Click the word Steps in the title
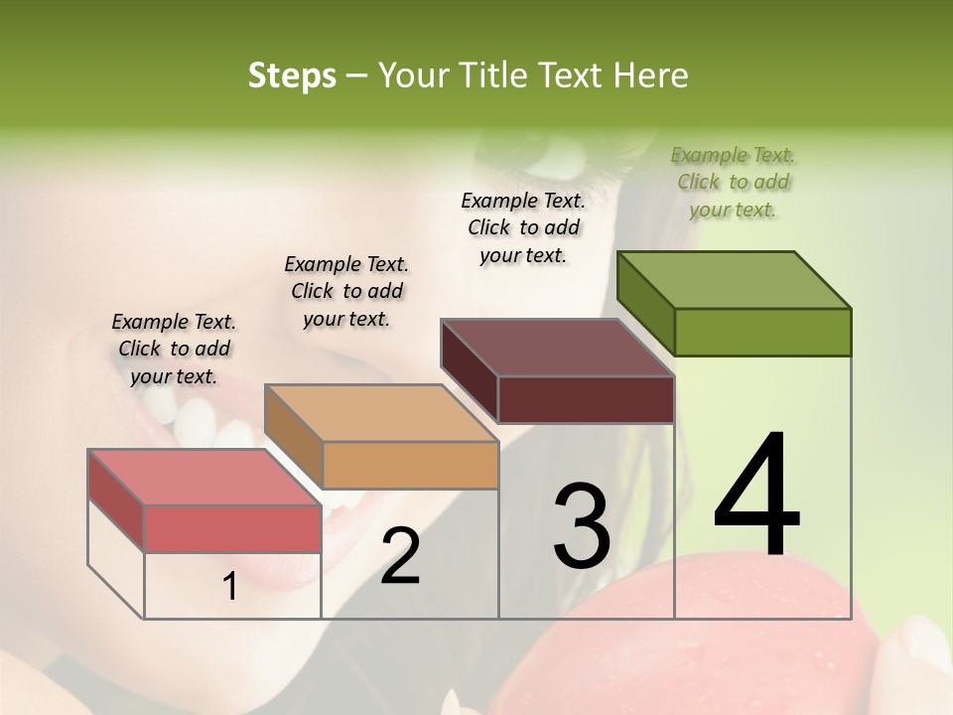(292, 75)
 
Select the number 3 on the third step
(582, 526)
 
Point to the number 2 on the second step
(400, 556)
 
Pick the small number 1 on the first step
(230, 587)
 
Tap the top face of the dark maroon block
(558, 348)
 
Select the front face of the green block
(762, 332)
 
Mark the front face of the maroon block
(586, 399)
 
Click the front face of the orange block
(410, 465)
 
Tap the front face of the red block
(232, 528)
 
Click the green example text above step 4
(734, 182)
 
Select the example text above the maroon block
(524, 227)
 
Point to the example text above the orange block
(346, 291)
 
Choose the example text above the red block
(174, 349)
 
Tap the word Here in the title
(655, 75)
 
